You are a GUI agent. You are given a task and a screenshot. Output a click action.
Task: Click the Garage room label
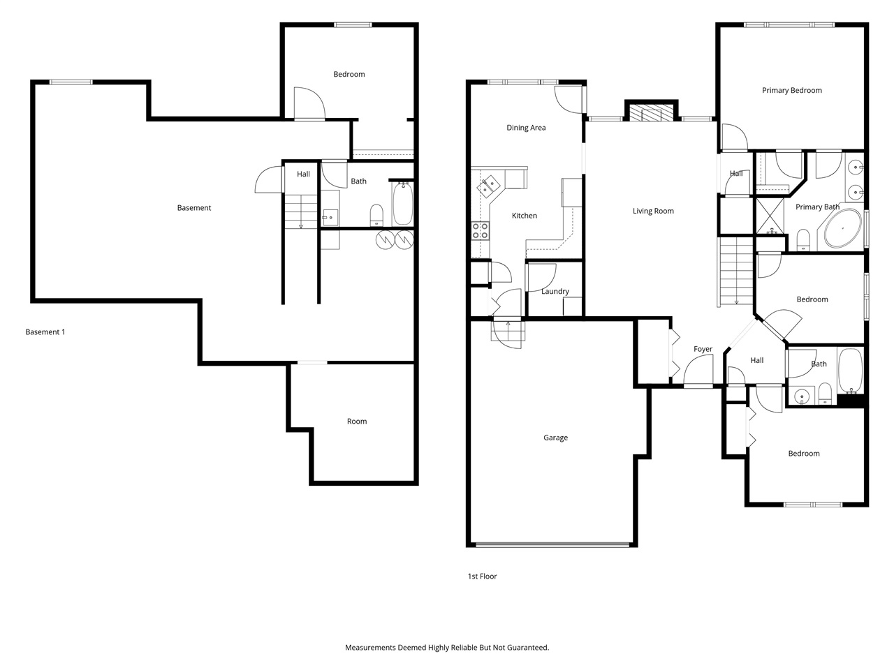coord(555,438)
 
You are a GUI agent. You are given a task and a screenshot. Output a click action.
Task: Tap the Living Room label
coord(653,211)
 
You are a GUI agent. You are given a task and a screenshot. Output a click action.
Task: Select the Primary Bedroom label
coord(791,90)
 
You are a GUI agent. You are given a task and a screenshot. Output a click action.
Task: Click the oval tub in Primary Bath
coord(843,228)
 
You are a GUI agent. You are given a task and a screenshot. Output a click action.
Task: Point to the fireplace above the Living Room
coord(650,112)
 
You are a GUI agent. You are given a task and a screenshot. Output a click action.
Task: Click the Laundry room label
coord(555,291)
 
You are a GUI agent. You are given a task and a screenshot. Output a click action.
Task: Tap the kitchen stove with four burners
coord(481,230)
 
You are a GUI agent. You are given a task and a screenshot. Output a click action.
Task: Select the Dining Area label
coord(526,128)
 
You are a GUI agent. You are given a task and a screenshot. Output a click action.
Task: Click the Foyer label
coord(703,349)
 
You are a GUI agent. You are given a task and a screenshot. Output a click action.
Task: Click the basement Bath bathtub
coord(402,203)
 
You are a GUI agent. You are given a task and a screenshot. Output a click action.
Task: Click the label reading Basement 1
coord(45,332)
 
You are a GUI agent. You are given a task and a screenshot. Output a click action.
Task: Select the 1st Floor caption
coord(482,576)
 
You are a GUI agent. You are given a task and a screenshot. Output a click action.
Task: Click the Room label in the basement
coord(357,422)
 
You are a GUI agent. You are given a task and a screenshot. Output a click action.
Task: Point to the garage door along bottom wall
coord(552,544)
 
